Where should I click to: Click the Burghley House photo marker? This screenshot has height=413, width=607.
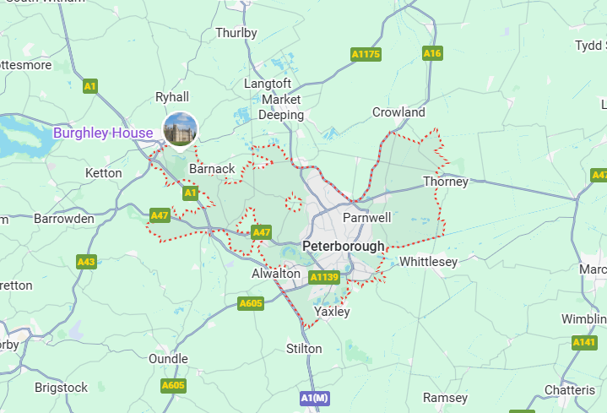(180, 129)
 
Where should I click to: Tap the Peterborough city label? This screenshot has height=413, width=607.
(343, 247)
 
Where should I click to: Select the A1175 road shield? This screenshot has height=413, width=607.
(366, 54)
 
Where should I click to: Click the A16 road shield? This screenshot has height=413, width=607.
(432, 53)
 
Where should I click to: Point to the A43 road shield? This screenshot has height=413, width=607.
(86, 262)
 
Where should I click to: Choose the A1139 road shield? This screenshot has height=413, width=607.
(324, 277)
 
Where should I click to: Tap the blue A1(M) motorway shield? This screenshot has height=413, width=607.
(314, 398)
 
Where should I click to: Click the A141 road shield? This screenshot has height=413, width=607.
(584, 342)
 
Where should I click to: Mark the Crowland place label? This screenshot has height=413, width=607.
(398, 112)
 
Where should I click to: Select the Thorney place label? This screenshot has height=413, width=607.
(445, 182)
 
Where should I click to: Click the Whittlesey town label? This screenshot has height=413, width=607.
(428, 262)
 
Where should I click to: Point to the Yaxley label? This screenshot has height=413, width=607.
(332, 312)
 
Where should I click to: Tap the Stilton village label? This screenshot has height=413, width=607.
(304, 349)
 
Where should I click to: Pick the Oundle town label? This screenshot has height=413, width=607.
(168, 359)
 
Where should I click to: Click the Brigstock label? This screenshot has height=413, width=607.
(61, 388)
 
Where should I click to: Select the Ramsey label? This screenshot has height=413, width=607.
(445, 398)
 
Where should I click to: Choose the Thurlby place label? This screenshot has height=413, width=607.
(236, 33)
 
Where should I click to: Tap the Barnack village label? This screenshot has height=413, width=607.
(212, 169)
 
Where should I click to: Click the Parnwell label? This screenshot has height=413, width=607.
(366, 218)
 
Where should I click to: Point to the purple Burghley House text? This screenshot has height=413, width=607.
(103, 133)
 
